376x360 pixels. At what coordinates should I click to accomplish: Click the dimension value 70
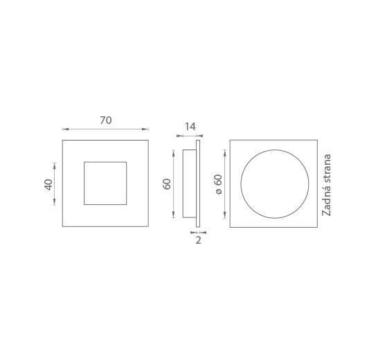[x=106, y=120]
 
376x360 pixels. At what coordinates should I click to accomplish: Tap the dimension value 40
[x=48, y=185]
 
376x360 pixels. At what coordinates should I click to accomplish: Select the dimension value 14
[x=190, y=127]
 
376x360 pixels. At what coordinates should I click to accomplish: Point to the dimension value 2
[x=198, y=240]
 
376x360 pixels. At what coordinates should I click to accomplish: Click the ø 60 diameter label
[x=219, y=184]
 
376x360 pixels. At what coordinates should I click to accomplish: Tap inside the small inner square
[x=105, y=183]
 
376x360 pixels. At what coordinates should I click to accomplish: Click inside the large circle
[x=275, y=184]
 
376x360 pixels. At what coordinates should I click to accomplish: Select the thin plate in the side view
[x=198, y=183]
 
